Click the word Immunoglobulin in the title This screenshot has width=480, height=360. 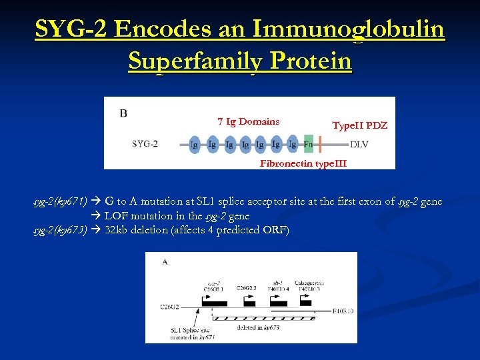tap(349, 29)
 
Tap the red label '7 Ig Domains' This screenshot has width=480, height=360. tap(248, 121)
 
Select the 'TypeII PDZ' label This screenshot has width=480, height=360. tap(359, 125)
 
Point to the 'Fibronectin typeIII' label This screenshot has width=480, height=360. tap(303, 163)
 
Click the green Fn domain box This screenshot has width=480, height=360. tap(308, 144)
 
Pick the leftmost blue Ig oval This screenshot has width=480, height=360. tap(193, 144)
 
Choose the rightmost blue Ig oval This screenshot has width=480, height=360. tap(292, 144)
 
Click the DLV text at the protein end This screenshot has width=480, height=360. tap(359, 144)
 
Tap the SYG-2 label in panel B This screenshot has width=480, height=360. tap(145, 144)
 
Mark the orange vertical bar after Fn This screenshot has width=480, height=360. tap(320, 144)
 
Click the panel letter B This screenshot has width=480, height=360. tap(123, 113)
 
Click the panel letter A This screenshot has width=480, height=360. tap(165, 262)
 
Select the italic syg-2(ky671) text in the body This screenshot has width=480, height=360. tap(61, 201)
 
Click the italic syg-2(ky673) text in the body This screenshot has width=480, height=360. tap(61, 231)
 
